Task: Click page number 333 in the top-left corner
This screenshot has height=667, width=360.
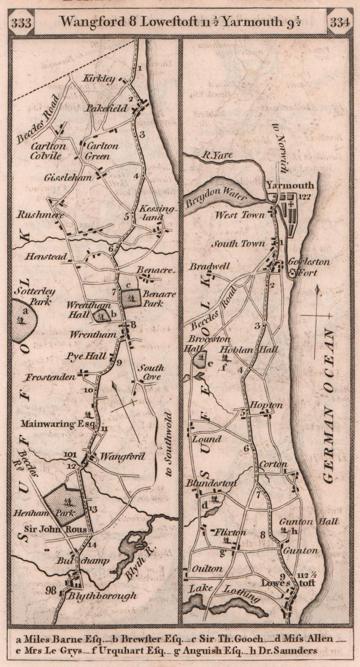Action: [x=22, y=23]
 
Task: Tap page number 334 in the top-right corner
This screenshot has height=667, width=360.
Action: [x=340, y=23]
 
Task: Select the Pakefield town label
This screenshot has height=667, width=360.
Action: [x=107, y=108]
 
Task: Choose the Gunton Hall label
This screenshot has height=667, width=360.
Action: [x=308, y=522]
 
